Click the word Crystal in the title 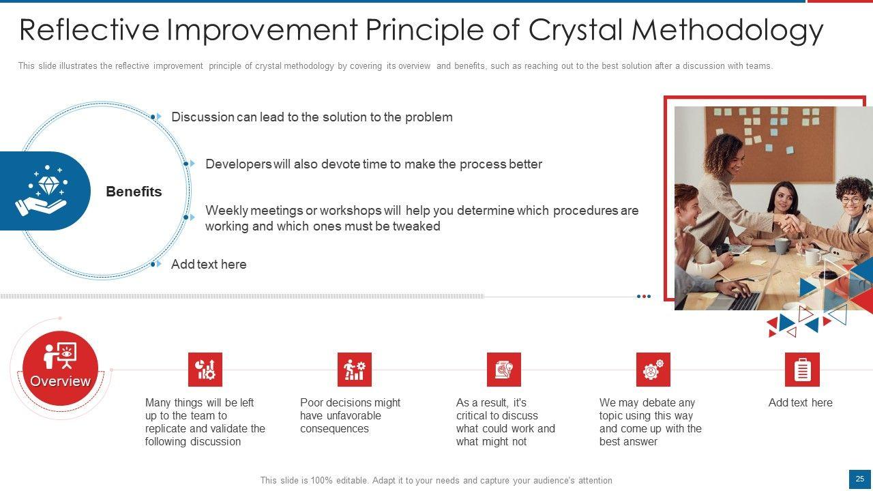576,31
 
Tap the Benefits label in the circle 134,192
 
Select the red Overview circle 61,368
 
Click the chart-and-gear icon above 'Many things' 205,370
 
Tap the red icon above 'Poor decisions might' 355,370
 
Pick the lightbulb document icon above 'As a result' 504,370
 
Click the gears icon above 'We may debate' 653,370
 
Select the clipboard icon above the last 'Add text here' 803,370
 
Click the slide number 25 860,479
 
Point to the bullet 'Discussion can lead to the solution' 312,117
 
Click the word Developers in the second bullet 239,164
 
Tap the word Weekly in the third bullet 227,211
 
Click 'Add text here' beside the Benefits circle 209,264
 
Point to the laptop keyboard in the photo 743,301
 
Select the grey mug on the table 782,246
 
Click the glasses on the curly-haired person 853,201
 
